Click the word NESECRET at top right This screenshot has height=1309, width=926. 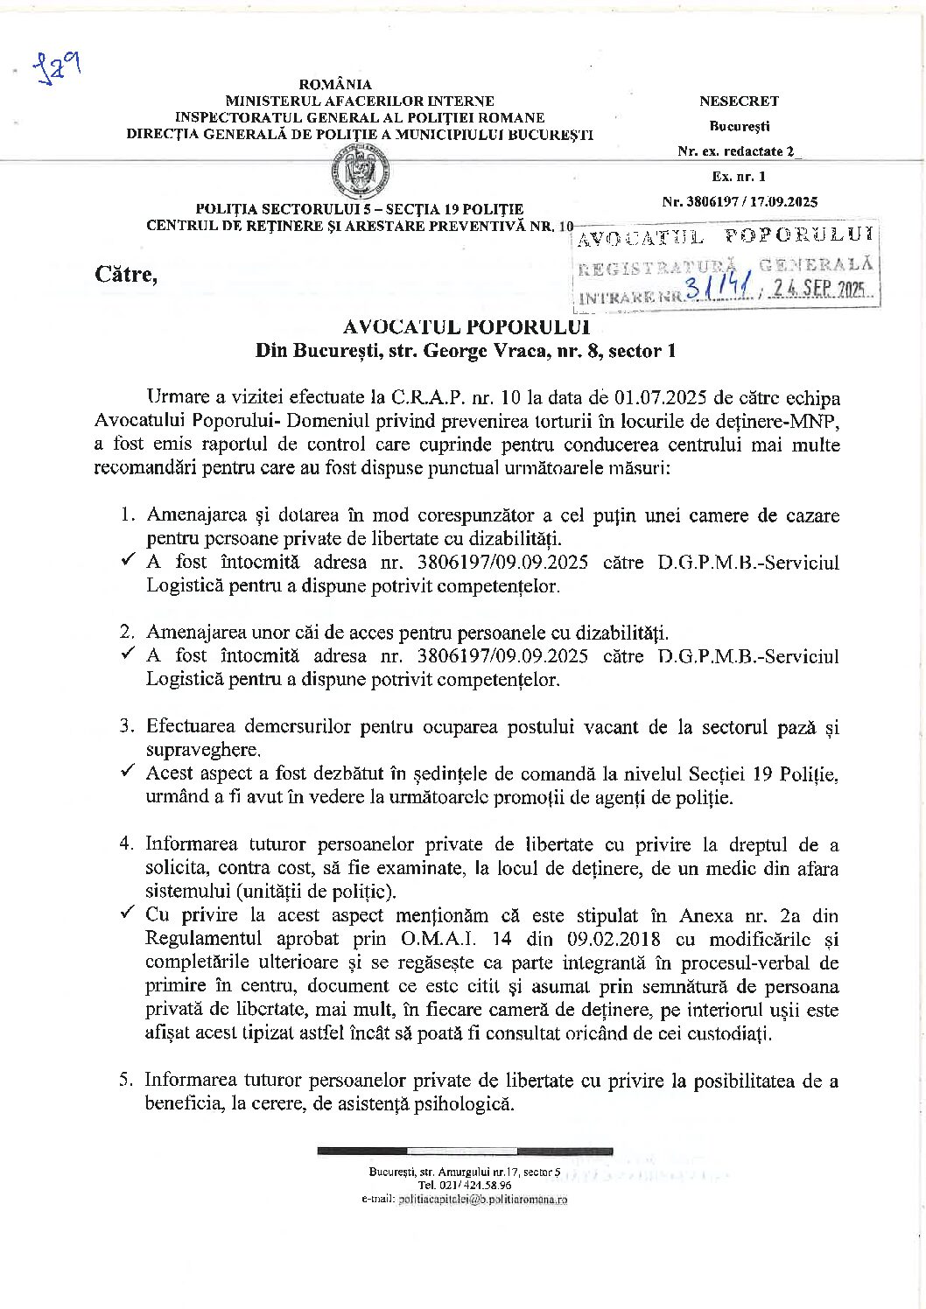pos(739,101)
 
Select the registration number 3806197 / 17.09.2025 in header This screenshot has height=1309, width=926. pos(740,201)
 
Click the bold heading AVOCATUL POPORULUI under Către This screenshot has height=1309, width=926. pos(465,327)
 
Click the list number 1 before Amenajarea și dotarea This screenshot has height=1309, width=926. pos(127,515)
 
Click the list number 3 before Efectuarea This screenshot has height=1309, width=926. pos(127,726)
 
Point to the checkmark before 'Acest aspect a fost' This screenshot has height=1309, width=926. pos(128,771)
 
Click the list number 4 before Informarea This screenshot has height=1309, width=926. pos(127,844)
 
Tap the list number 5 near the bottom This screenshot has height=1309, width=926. pos(127,1080)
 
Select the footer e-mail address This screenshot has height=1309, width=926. pos(481,1200)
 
